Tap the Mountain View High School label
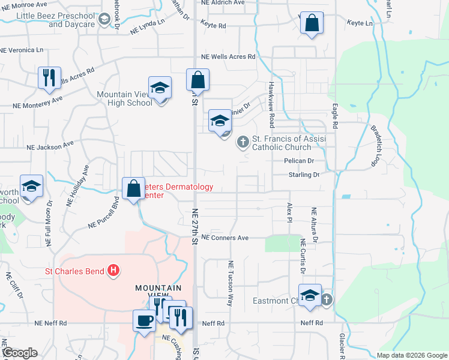(125, 98)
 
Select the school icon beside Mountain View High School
(160, 89)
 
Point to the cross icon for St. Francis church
(243, 142)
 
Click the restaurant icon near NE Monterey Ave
(49, 78)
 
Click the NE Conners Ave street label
(224, 238)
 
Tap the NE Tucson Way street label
(230, 283)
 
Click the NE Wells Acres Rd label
(228, 56)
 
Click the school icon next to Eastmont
(310, 296)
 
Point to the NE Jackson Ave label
(37, 146)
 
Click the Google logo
(19, 353)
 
